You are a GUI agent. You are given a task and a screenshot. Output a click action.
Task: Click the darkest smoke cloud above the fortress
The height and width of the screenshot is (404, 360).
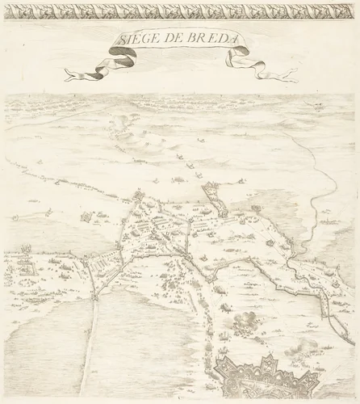pos(241,324)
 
